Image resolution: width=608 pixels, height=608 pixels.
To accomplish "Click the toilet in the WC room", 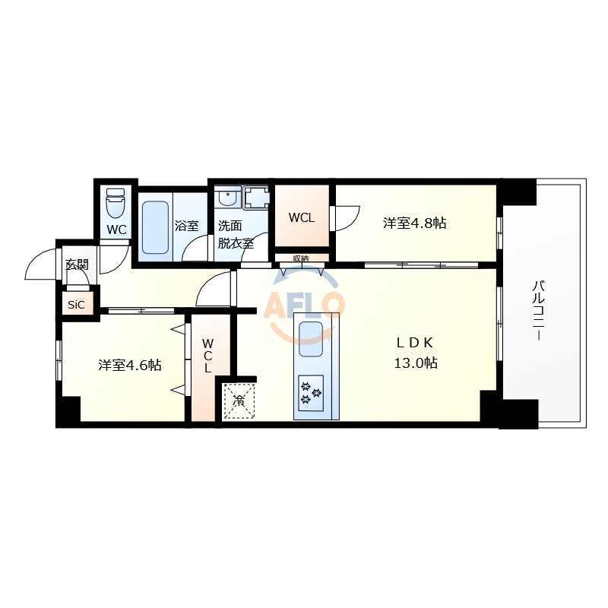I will [116, 203].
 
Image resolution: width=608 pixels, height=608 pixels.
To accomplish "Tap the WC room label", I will [116, 230].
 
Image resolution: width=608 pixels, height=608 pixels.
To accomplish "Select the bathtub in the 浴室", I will [157, 226].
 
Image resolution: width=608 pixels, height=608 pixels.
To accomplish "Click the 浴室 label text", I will [187, 226].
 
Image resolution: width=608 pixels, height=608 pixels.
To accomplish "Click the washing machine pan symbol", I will [256, 198].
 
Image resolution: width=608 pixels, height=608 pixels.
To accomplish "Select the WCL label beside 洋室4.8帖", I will [301, 217].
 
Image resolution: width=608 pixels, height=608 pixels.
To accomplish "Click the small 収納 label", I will [301, 258].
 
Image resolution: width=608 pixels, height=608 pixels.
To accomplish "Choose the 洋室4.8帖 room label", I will [414, 223].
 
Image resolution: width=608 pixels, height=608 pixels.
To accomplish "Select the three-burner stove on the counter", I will [312, 392].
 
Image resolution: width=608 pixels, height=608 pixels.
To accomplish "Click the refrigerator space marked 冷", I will [239, 401].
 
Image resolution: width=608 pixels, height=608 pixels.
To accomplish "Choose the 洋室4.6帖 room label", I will [129, 366].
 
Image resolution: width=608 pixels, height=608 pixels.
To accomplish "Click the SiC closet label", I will [77, 305].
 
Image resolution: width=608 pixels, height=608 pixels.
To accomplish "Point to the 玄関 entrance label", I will [77, 264].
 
